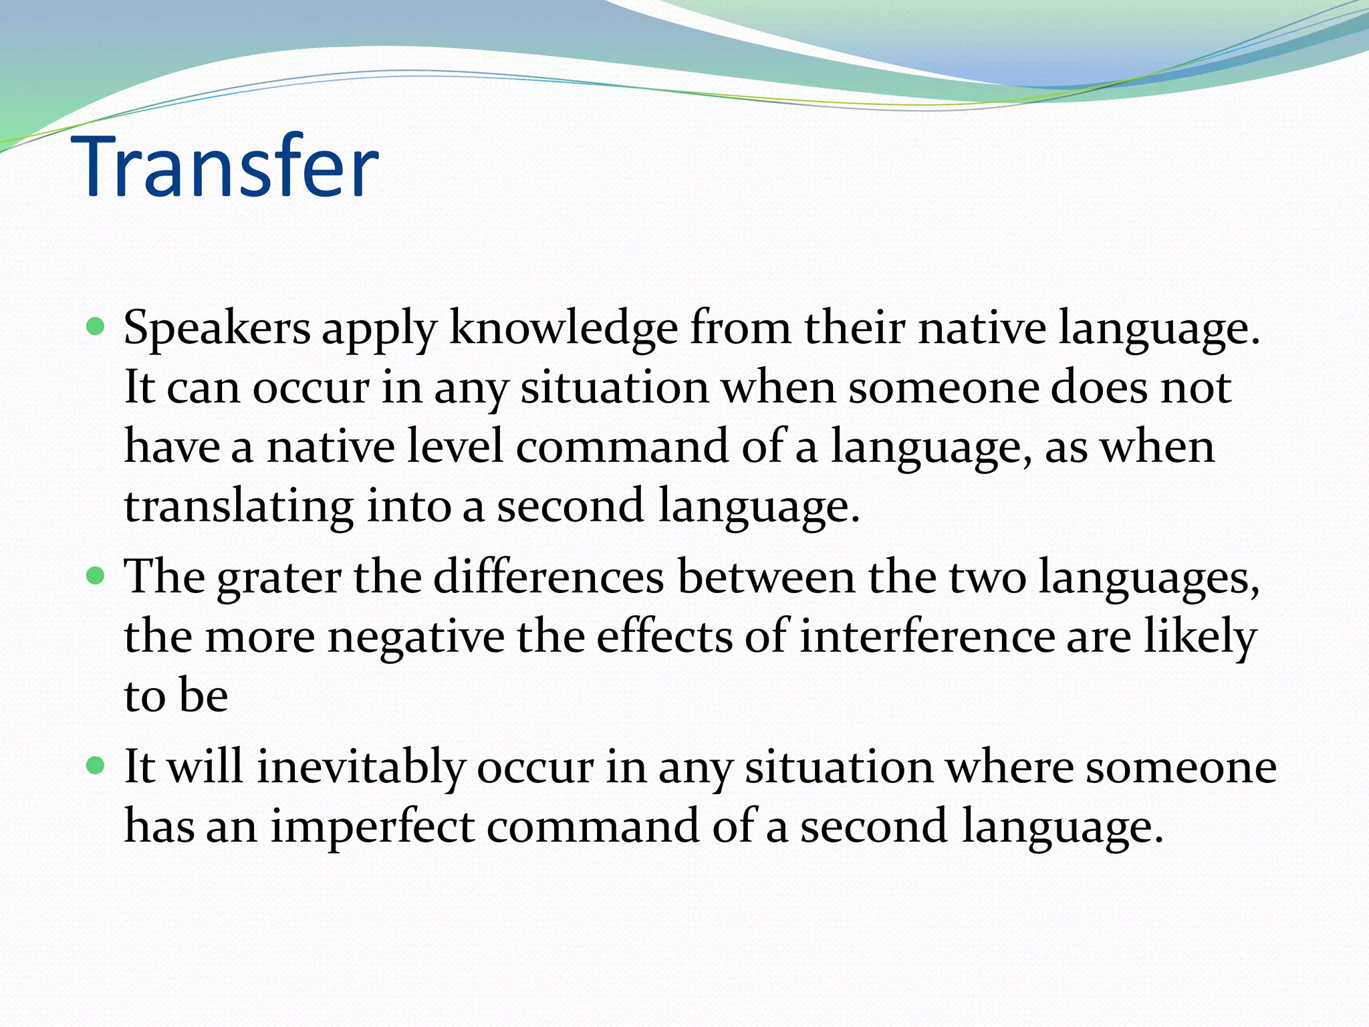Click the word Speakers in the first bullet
click(217, 329)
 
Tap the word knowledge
click(563, 329)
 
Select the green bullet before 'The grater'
click(96, 576)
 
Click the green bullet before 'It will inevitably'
click(96, 765)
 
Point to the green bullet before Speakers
click(96, 327)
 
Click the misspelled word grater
click(279, 578)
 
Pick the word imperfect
click(372, 826)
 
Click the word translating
click(239, 507)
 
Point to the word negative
click(416, 637)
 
